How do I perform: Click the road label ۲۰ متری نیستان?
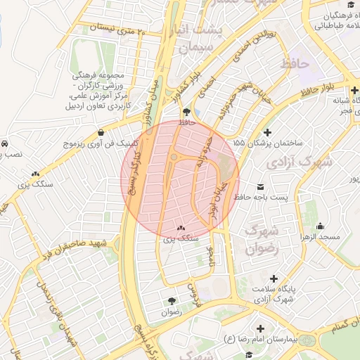pyautogui.click(x=117, y=30)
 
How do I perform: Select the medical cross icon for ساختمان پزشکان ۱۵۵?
pyautogui.click(x=267, y=132)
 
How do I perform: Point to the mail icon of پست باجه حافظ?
pyautogui.click(x=262, y=187)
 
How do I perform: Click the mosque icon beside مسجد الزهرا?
pyautogui.click(x=321, y=226)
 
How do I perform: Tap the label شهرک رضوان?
pyautogui.click(x=262, y=238)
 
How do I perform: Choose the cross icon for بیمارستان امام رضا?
pyautogui.click(x=261, y=328)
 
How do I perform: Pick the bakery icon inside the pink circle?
pyautogui.click(x=182, y=228)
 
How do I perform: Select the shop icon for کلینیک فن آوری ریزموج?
pyautogui.click(x=102, y=132)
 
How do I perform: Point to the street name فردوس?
pyautogui.click(x=194, y=295)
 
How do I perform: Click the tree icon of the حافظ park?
pyautogui.click(x=186, y=112)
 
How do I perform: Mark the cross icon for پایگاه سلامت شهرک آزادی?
pyautogui.click(x=274, y=278)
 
